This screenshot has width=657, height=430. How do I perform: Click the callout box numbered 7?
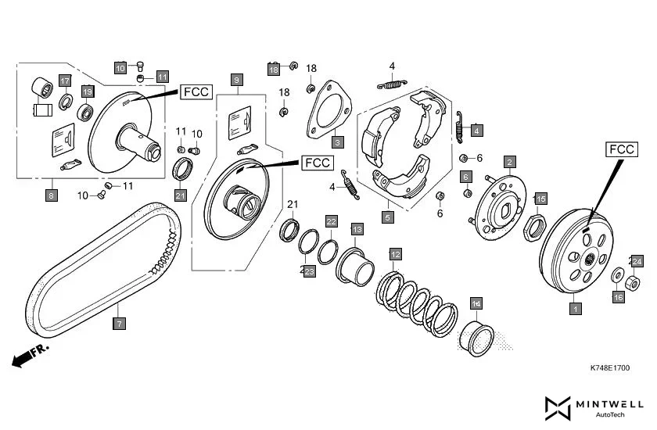point(120,323)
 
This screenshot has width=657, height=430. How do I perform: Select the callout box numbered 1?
point(576,309)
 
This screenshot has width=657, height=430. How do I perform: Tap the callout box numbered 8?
point(52,196)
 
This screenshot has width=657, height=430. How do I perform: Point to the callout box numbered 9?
point(236,79)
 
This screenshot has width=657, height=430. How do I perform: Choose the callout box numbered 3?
point(337,143)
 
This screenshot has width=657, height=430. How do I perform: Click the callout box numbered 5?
point(388,218)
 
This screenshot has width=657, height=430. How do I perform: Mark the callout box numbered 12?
point(396,254)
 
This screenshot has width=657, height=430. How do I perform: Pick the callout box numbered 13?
point(357,229)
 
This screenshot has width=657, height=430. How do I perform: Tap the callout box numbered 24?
point(637,261)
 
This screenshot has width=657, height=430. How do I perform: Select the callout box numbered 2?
point(509,163)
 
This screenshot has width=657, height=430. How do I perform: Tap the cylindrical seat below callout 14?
point(476,339)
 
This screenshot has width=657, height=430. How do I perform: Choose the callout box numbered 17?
point(65,81)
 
